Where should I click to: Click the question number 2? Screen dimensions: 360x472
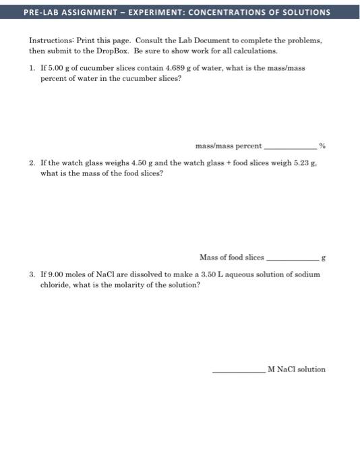point(32,163)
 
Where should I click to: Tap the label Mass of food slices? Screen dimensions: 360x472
point(232,257)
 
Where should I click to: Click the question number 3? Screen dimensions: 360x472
point(32,274)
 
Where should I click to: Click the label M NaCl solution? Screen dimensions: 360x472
point(297,369)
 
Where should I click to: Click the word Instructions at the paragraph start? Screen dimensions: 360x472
point(50,41)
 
